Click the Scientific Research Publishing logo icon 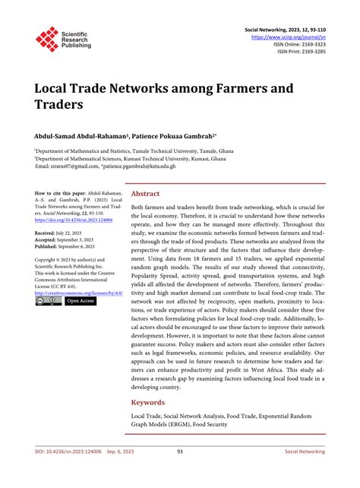[47, 39]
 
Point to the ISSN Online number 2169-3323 [311, 44]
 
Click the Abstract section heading [146, 194]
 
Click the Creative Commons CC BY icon [48, 301]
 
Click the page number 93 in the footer [180, 472]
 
